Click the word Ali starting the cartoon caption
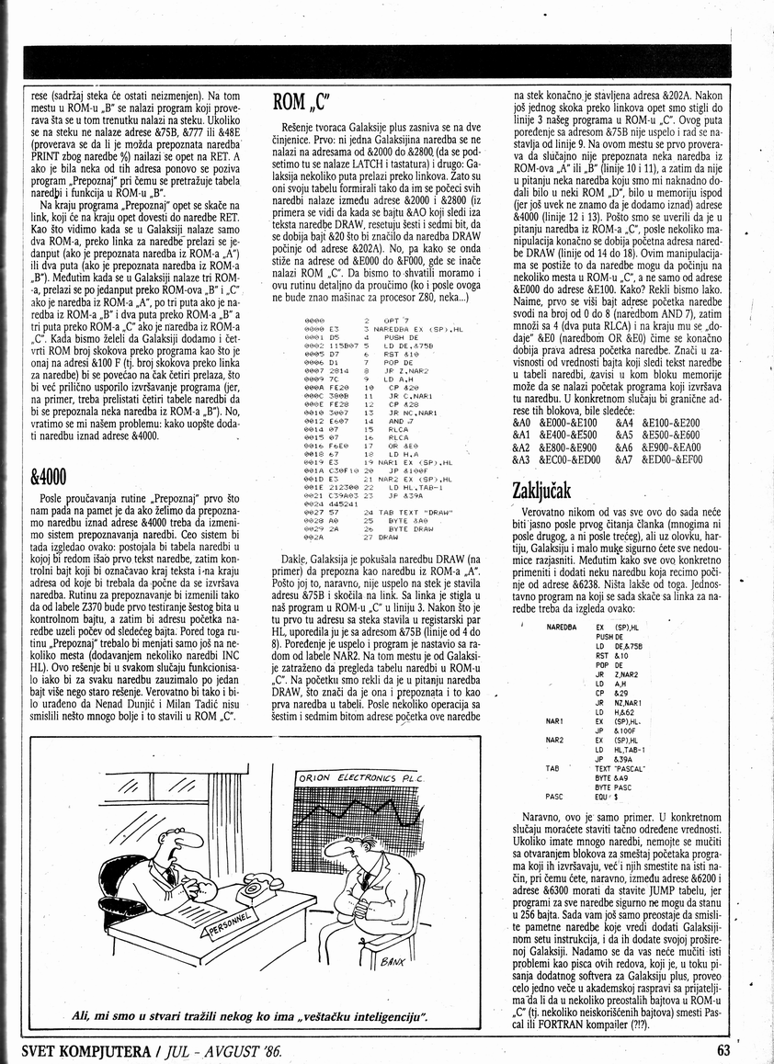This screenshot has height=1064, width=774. pyautogui.click(x=83, y=1017)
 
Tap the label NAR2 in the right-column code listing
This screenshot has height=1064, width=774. pyautogui.click(x=554, y=739)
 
